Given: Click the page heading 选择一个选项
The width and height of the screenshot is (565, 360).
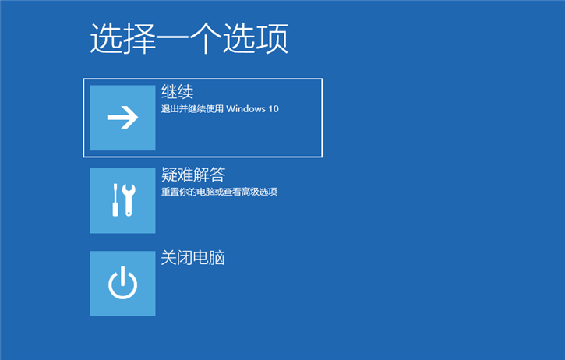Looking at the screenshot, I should [189, 39].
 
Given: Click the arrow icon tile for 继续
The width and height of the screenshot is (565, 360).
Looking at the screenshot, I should [123, 118].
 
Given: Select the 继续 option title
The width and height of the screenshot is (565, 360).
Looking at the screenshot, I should [177, 91].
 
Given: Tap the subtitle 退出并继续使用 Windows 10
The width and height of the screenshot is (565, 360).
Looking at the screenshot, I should [220, 109].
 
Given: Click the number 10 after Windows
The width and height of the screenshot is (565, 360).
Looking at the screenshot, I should [273, 109].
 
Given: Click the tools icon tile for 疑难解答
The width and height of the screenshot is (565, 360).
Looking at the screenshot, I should [123, 200].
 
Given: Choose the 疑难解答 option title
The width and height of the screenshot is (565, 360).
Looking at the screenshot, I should [193, 174].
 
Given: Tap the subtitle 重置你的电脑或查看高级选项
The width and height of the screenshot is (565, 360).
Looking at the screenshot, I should [219, 192].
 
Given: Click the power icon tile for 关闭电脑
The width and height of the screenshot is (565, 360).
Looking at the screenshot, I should [123, 283].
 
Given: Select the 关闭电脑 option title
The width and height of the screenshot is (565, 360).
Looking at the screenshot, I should [192, 257].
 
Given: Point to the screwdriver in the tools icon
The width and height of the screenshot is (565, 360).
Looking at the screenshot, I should [115, 200].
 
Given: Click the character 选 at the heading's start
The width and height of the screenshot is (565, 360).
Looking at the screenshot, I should [106, 39].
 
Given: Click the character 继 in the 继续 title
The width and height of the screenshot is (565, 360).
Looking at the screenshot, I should [169, 91].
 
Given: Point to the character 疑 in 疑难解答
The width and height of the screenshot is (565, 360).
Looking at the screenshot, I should [169, 174].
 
